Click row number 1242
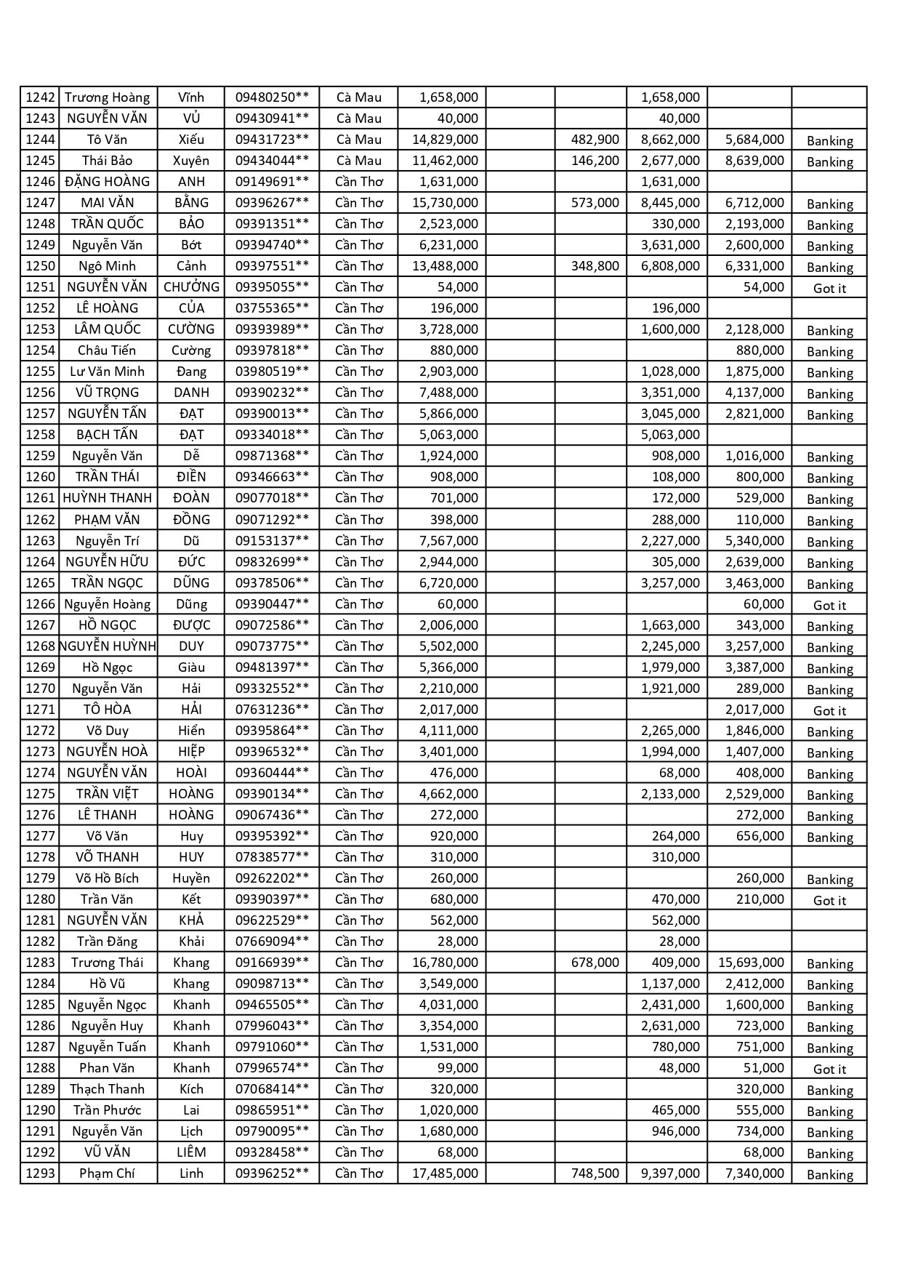click(x=40, y=97)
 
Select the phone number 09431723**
click(x=272, y=140)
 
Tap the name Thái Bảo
click(x=107, y=161)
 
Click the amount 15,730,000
click(x=445, y=203)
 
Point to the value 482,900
click(x=595, y=140)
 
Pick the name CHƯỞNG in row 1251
click(x=191, y=287)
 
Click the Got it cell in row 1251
click(x=829, y=289)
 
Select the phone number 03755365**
click(x=272, y=308)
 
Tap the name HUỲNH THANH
click(x=108, y=498)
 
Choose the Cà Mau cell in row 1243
click(x=358, y=119)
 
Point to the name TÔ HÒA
click(x=107, y=710)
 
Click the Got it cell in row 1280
click(x=829, y=901)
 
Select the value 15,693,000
click(x=751, y=963)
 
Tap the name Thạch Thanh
click(x=107, y=1089)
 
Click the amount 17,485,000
click(x=445, y=1173)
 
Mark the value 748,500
click(x=595, y=1173)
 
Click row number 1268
click(x=40, y=646)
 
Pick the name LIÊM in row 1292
click(x=191, y=1152)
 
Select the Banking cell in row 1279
click(x=829, y=880)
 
